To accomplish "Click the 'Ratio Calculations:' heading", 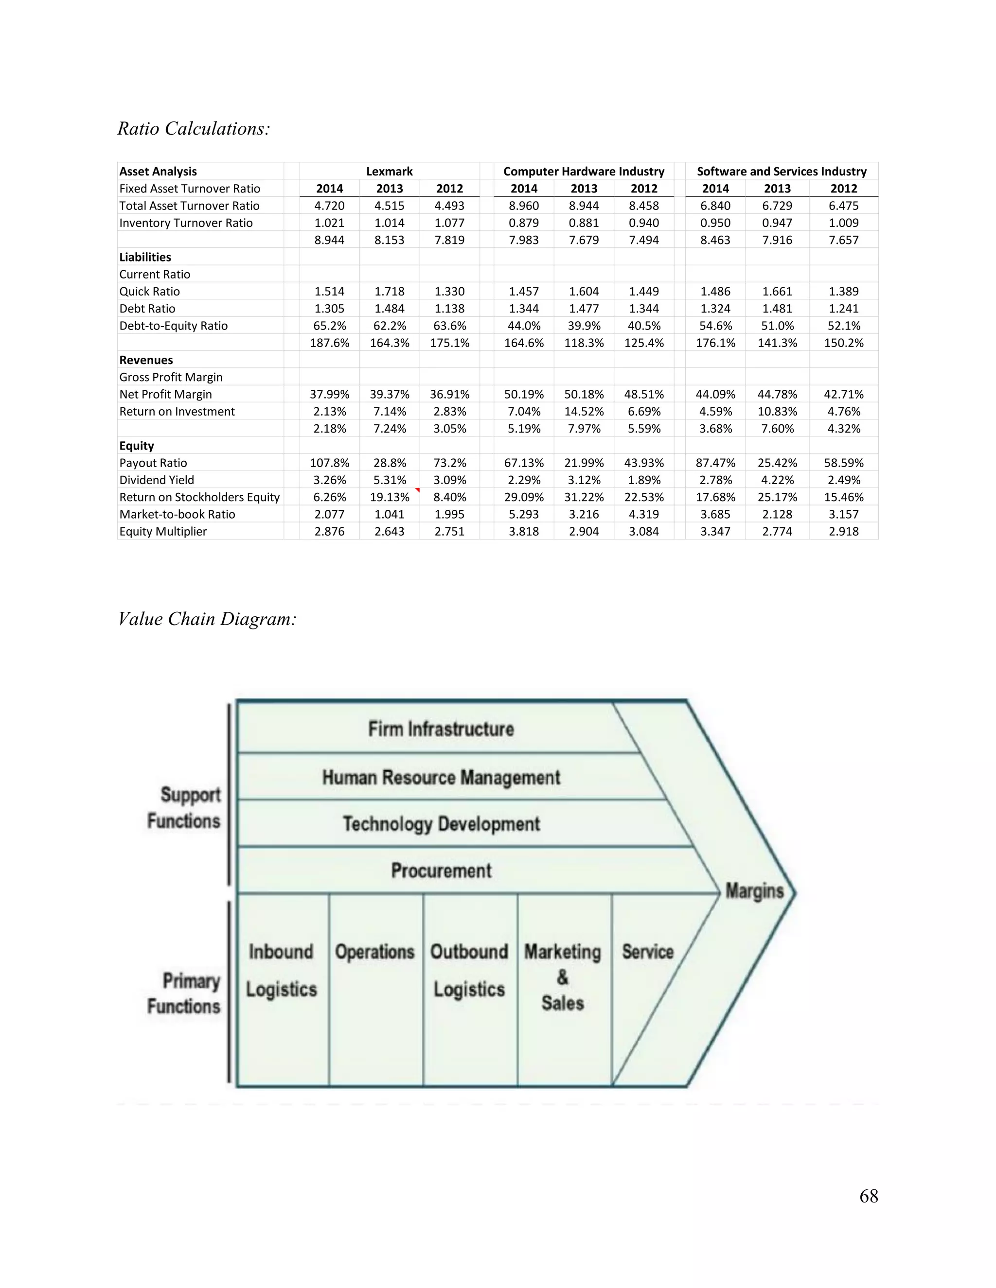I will coord(194,129).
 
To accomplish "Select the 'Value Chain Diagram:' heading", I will coord(207,619).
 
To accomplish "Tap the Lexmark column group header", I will coord(389,172).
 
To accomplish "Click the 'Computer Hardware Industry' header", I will coord(584,172).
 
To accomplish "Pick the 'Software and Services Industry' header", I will coord(781,172).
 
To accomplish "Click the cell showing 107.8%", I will coord(329,463).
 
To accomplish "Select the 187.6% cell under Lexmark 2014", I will coord(329,343).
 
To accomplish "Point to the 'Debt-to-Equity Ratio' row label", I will coord(174,326).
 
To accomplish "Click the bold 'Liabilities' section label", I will coord(145,257).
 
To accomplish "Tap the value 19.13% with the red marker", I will coord(390,497).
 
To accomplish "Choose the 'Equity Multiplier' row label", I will coord(163,531).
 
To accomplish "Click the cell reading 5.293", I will coord(524,514).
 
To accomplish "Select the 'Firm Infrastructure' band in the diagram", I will coord(441,729).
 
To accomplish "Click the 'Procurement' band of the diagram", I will coord(441,870).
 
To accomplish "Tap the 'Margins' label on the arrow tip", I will coord(754,890).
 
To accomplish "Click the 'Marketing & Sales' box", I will coord(563,977).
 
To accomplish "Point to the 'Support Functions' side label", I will coord(184,808).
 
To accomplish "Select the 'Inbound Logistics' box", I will coord(282,970).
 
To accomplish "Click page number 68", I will coord(869,1196).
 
